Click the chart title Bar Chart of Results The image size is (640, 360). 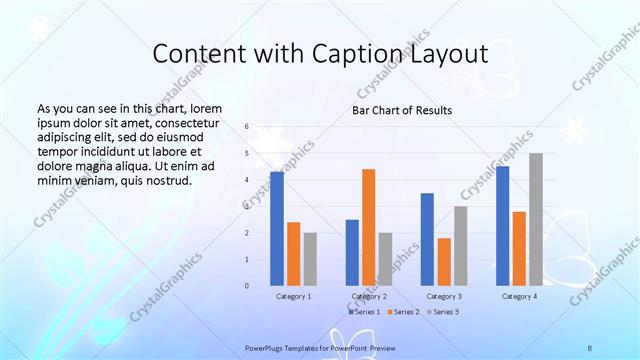point(401,110)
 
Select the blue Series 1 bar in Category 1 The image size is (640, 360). point(277,228)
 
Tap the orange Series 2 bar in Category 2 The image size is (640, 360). point(368,227)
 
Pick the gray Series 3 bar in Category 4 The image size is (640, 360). point(536,219)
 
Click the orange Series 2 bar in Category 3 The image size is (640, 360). point(444,261)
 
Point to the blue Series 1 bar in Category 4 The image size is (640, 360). point(502,225)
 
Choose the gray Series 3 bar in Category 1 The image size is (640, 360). point(310,258)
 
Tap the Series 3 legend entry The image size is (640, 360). point(444,312)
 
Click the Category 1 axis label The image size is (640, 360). point(294,297)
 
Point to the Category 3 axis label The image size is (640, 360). point(444,297)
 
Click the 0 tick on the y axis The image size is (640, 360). point(246,286)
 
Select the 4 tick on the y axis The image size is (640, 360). point(246,180)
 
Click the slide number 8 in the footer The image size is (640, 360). point(590,347)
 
